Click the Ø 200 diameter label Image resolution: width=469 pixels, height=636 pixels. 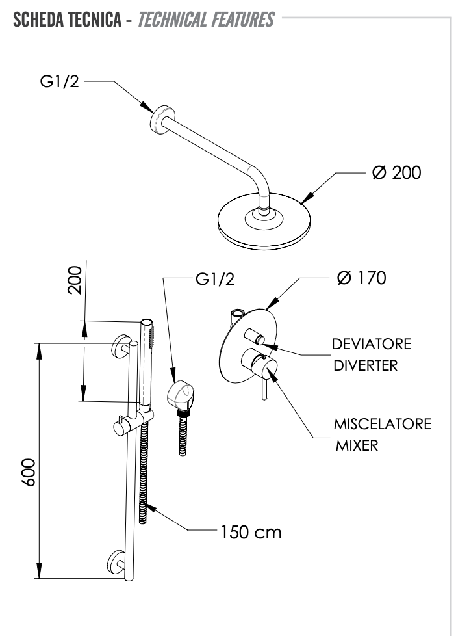397,173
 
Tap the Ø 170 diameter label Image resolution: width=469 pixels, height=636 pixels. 362,278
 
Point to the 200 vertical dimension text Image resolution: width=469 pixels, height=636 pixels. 75,280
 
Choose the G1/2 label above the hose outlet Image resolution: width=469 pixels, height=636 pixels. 214,280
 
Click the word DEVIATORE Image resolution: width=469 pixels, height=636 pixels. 371,344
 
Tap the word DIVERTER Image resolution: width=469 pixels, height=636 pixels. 365,365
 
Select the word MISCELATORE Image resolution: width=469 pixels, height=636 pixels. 383,425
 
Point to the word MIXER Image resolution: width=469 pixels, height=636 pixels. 357,447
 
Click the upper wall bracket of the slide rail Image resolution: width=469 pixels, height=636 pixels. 120,345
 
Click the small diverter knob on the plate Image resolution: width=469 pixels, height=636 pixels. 255,336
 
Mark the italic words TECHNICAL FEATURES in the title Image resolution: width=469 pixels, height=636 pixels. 207,20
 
